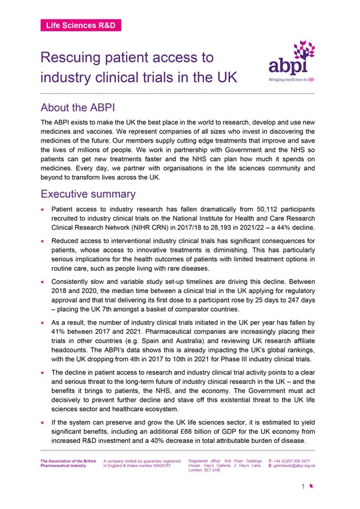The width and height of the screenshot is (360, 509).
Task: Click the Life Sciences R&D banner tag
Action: (x=81, y=25)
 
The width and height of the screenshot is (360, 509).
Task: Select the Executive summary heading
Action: (x=88, y=194)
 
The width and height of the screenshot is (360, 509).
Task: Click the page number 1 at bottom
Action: (x=302, y=494)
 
